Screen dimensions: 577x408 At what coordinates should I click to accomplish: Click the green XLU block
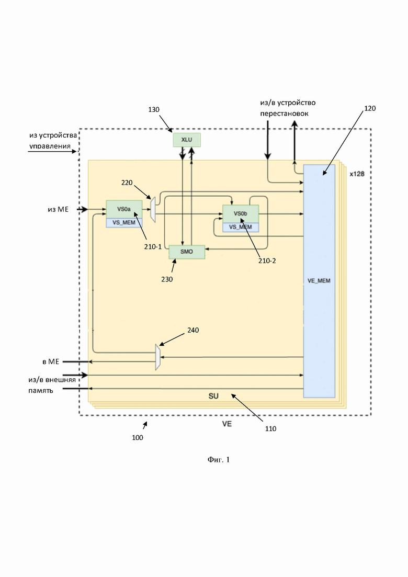pos(187,140)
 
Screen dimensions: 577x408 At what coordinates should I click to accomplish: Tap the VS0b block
pos(241,214)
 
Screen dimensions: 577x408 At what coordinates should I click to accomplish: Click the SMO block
pos(187,252)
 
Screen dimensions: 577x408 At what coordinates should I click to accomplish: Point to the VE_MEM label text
pos(319,281)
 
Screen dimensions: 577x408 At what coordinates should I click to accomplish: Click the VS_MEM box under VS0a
pos(124,223)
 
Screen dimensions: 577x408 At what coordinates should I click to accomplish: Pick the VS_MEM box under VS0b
pos(241,227)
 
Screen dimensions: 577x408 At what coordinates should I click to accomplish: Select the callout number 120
pos(369,108)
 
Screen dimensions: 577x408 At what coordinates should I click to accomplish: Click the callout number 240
pos(193,330)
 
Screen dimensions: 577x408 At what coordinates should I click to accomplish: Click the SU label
pos(213,397)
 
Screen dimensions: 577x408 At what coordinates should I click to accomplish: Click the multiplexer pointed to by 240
pos(157,357)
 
